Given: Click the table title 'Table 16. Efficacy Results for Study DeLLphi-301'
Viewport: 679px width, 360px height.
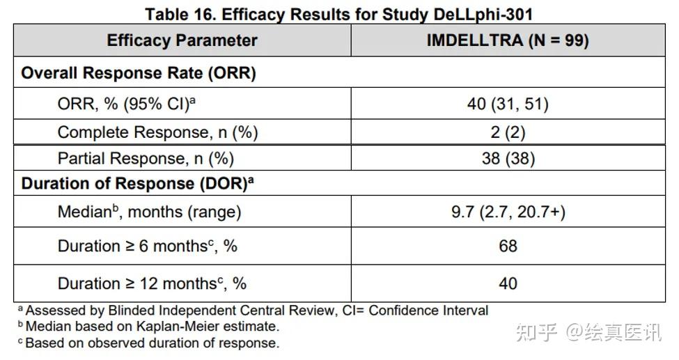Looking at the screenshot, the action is [x=338, y=15].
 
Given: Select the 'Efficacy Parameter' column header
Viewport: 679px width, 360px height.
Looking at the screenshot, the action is [x=182, y=40].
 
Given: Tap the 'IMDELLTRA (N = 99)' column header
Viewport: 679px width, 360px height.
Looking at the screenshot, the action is [x=508, y=40].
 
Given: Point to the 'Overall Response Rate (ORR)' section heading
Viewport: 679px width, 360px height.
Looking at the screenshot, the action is [x=139, y=73].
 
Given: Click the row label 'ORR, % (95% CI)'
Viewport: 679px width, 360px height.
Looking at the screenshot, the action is [x=127, y=104].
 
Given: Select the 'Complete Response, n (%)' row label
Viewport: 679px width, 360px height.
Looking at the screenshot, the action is [x=157, y=132].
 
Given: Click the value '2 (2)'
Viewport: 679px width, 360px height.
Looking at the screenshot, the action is [x=508, y=132].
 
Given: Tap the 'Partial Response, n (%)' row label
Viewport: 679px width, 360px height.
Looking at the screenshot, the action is [x=146, y=158].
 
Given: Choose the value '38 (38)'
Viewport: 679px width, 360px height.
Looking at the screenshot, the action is [x=508, y=158].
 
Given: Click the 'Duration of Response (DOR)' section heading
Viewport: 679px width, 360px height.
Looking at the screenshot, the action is [x=137, y=183].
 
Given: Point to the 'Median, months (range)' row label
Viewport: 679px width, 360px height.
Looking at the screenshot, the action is [x=150, y=212].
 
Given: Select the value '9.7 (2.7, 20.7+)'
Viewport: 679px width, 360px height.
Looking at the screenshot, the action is [x=508, y=212].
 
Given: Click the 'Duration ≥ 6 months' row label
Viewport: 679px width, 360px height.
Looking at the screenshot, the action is [x=147, y=246].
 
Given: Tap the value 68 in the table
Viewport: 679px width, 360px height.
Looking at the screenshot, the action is [x=508, y=246].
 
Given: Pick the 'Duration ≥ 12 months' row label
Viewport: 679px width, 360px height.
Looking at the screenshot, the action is [x=152, y=283].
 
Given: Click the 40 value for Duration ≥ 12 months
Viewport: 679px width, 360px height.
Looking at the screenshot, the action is [x=508, y=283].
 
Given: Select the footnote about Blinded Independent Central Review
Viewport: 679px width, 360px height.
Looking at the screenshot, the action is [x=253, y=310].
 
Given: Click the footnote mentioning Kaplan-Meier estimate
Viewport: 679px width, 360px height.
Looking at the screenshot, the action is [x=149, y=326].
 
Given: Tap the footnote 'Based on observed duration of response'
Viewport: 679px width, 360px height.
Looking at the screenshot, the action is [x=149, y=343].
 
